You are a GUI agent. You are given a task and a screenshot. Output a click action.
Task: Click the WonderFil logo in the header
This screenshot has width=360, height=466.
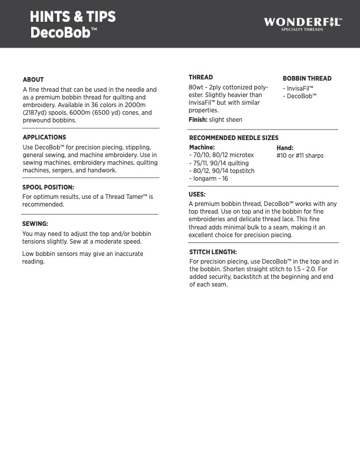(302, 24)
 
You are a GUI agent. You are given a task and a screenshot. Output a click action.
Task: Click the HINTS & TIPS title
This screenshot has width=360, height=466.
(73, 17)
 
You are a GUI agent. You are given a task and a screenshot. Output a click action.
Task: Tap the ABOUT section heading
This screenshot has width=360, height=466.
(33, 79)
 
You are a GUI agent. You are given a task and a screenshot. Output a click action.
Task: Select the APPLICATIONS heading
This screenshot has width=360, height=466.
(44, 137)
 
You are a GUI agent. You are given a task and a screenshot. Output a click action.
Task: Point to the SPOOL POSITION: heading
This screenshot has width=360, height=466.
(48, 187)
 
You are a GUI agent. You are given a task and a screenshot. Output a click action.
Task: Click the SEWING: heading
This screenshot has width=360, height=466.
(35, 224)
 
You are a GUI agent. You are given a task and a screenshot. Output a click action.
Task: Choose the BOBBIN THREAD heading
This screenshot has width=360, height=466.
(307, 78)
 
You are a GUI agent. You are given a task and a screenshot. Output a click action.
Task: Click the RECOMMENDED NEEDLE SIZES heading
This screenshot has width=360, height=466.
(234, 138)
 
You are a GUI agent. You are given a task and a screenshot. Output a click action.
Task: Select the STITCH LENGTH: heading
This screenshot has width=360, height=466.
(213, 252)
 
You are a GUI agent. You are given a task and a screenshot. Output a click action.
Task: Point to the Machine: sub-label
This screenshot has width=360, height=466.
(202, 147)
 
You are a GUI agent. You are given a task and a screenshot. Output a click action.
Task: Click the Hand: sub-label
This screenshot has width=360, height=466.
(285, 148)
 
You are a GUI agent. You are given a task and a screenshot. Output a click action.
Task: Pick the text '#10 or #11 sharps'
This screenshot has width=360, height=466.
(300, 156)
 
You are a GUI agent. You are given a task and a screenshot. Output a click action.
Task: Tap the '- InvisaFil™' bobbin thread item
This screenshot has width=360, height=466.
(298, 88)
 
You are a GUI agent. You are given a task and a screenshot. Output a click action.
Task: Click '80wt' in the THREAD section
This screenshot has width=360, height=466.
(196, 87)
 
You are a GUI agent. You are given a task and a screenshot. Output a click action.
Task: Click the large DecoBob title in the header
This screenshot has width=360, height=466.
(60, 32)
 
